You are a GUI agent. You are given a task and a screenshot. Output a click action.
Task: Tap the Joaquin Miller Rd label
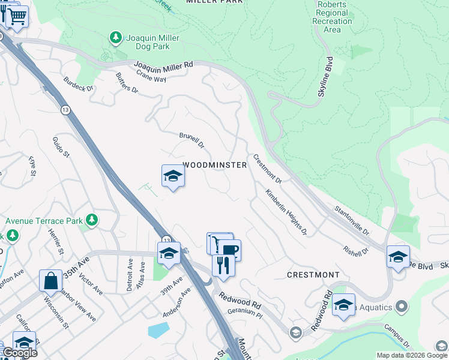(x=163, y=65)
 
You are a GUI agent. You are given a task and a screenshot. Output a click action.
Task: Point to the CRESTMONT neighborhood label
(x=313, y=275)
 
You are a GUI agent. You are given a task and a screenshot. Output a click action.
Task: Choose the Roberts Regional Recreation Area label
(x=332, y=17)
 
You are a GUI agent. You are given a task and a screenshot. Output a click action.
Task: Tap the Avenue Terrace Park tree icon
(x=92, y=220)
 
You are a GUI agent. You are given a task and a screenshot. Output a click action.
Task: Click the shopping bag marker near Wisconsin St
(x=51, y=280)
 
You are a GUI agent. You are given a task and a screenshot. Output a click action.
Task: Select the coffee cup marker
(x=229, y=249)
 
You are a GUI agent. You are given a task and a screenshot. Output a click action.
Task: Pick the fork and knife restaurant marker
(x=223, y=264)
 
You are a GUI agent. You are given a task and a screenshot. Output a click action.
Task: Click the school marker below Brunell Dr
(x=173, y=176)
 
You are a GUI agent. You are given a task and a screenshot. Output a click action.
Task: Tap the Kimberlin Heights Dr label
(x=286, y=212)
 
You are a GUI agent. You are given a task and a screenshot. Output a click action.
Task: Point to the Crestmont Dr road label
(x=267, y=169)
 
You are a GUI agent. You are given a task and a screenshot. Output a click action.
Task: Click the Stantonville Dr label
(x=352, y=220)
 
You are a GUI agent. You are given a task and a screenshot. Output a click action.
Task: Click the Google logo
(x=19, y=353)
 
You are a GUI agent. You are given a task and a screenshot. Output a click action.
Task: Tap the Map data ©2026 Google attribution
(x=411, y=355)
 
